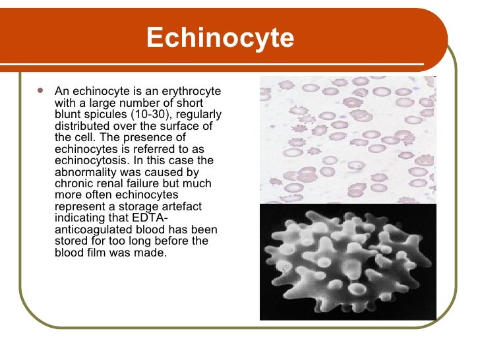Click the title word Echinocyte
[220, 38]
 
